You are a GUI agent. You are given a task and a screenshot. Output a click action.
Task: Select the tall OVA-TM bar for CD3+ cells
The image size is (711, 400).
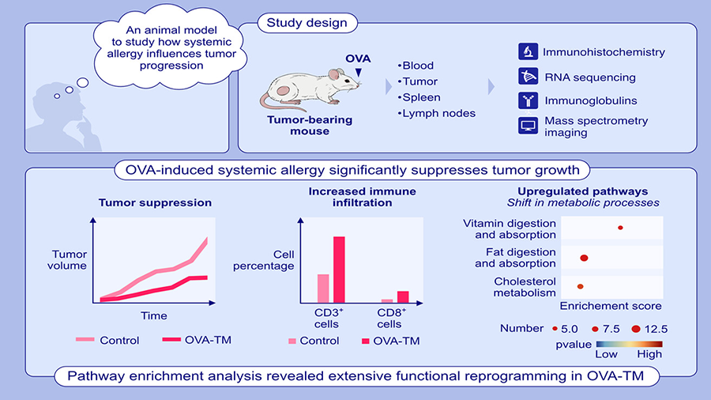(339, 270)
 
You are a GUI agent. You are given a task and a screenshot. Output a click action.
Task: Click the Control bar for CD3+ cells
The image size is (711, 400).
(323, 289)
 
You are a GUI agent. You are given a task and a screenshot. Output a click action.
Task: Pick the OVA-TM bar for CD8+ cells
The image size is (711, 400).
(403, 296)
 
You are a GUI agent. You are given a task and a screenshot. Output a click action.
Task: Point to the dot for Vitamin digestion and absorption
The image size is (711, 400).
(620, 228)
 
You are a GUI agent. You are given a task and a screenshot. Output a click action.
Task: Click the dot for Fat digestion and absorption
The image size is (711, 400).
(585, 258)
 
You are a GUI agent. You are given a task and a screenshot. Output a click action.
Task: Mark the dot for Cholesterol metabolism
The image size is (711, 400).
(580, 286)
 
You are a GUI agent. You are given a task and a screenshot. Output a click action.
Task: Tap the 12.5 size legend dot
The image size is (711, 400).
(636, 328)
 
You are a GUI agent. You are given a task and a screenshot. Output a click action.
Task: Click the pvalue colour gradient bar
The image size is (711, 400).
(629, 344)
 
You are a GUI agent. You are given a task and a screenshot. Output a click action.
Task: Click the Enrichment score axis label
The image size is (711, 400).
(611, 305)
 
